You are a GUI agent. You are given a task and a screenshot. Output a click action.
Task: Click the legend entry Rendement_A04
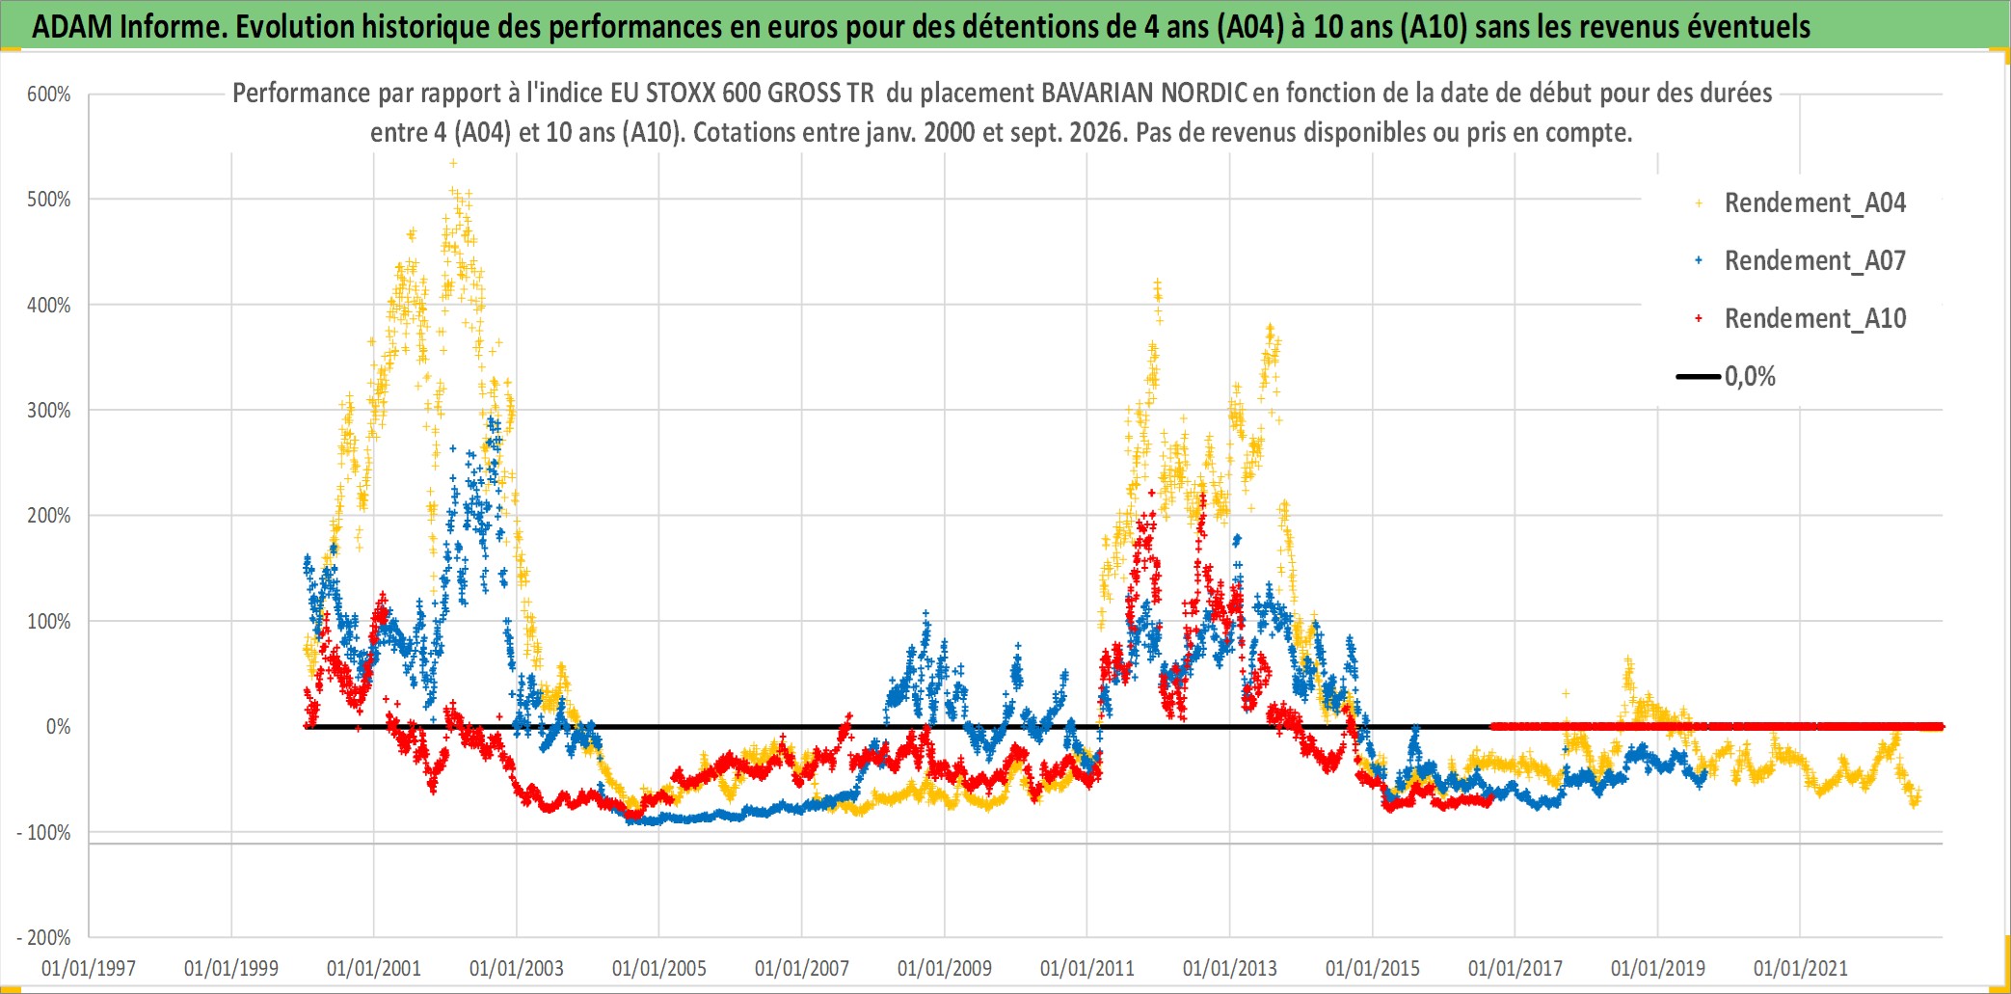(1801, 203)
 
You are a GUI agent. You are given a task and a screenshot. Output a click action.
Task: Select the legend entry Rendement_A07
(1801, 260)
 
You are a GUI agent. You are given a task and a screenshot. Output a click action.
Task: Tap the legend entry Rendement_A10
(1801, 318)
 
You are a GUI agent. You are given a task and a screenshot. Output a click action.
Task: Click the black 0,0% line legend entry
(1727, 376)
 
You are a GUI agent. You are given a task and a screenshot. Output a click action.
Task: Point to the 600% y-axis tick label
(49, 94)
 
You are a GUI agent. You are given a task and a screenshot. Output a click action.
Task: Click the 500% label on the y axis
(49, 200)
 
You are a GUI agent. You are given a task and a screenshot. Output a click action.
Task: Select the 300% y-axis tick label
(49, 410)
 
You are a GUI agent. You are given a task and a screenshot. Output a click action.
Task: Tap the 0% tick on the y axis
(58, 726)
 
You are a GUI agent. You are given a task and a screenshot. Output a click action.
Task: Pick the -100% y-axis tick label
(43, 832)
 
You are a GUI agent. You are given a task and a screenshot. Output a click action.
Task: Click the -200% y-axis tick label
(43, 937)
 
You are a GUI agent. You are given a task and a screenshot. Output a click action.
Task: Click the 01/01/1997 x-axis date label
(89, 968)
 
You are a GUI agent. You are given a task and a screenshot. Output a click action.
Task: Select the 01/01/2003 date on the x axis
(517, 968)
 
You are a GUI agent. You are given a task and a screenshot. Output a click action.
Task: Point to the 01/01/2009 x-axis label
(945, 968)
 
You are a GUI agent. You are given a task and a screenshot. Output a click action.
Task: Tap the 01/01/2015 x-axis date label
(1373, 968)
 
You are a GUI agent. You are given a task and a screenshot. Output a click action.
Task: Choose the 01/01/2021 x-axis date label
(1801, 968)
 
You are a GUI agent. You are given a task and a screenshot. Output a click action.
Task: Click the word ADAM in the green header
(72, 26)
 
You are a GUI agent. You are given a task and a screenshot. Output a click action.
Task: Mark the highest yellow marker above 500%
(453, 163)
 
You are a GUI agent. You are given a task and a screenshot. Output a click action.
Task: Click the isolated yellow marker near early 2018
(1566, 693)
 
